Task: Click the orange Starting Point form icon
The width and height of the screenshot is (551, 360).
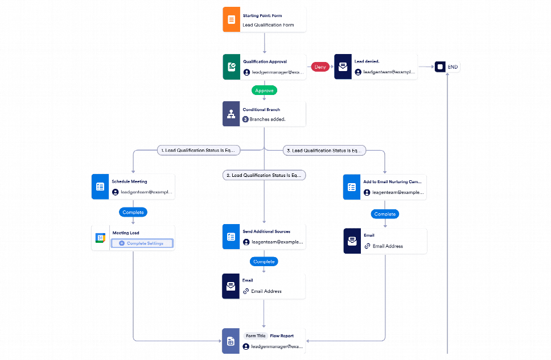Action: [231, 20]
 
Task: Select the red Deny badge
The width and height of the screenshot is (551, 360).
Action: [320, 67]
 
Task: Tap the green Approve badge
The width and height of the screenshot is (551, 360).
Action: [264, 90]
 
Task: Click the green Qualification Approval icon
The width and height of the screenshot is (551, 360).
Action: [231, 67]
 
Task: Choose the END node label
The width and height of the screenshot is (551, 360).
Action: [453, 67]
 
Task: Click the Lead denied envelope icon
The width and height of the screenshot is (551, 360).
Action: [343, 67]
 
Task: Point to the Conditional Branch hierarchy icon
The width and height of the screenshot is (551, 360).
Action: [231, 114]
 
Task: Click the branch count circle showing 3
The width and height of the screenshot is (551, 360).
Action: [245, 119]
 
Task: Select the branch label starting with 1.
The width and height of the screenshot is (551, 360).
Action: [198, 151]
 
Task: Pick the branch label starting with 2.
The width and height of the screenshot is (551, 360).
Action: [264, 176]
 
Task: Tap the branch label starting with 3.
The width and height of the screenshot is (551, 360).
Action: [324, 151]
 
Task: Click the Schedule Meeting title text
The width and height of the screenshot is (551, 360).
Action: [129, 181]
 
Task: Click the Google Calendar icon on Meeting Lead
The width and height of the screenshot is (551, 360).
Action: [100, 238]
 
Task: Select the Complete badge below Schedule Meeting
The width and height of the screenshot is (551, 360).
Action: [133, 212]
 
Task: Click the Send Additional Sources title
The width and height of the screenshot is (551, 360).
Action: [266, 231]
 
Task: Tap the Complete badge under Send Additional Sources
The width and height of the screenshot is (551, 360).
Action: [264, 262]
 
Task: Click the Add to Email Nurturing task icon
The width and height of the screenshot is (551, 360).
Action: [352, 187]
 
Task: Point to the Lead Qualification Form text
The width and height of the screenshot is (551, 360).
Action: [268, 25]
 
